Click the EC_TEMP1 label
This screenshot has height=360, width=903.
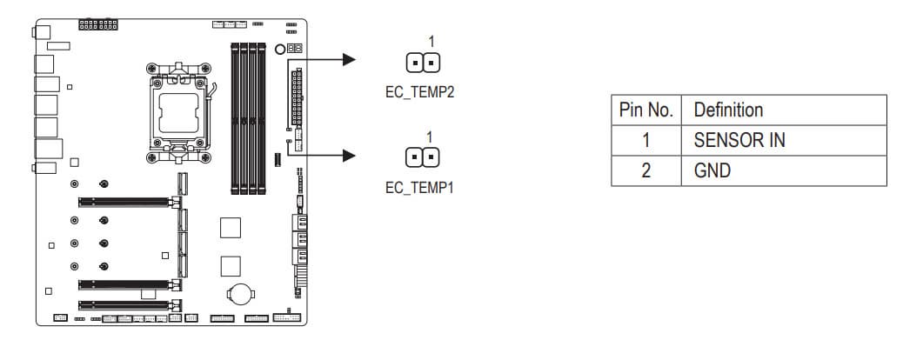coord(419,187)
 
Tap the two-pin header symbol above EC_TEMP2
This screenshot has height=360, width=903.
coord(421,63)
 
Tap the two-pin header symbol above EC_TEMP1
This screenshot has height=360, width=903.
coord(421,157)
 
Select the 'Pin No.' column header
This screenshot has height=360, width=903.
coord(645,110)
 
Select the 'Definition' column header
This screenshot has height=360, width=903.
coord(727,110)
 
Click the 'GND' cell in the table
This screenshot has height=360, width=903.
coord(712,170)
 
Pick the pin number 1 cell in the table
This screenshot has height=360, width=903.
coord(645,141)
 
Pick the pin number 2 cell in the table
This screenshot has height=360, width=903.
coord(645,170)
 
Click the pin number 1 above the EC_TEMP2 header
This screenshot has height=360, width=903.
coord(431,41)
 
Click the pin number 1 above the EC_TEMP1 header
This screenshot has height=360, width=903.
coord(431,137)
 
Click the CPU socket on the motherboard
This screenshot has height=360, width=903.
coord(181,109)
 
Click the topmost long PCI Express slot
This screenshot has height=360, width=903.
coord(127,202)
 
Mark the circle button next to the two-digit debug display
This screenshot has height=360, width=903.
coord(279,50)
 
